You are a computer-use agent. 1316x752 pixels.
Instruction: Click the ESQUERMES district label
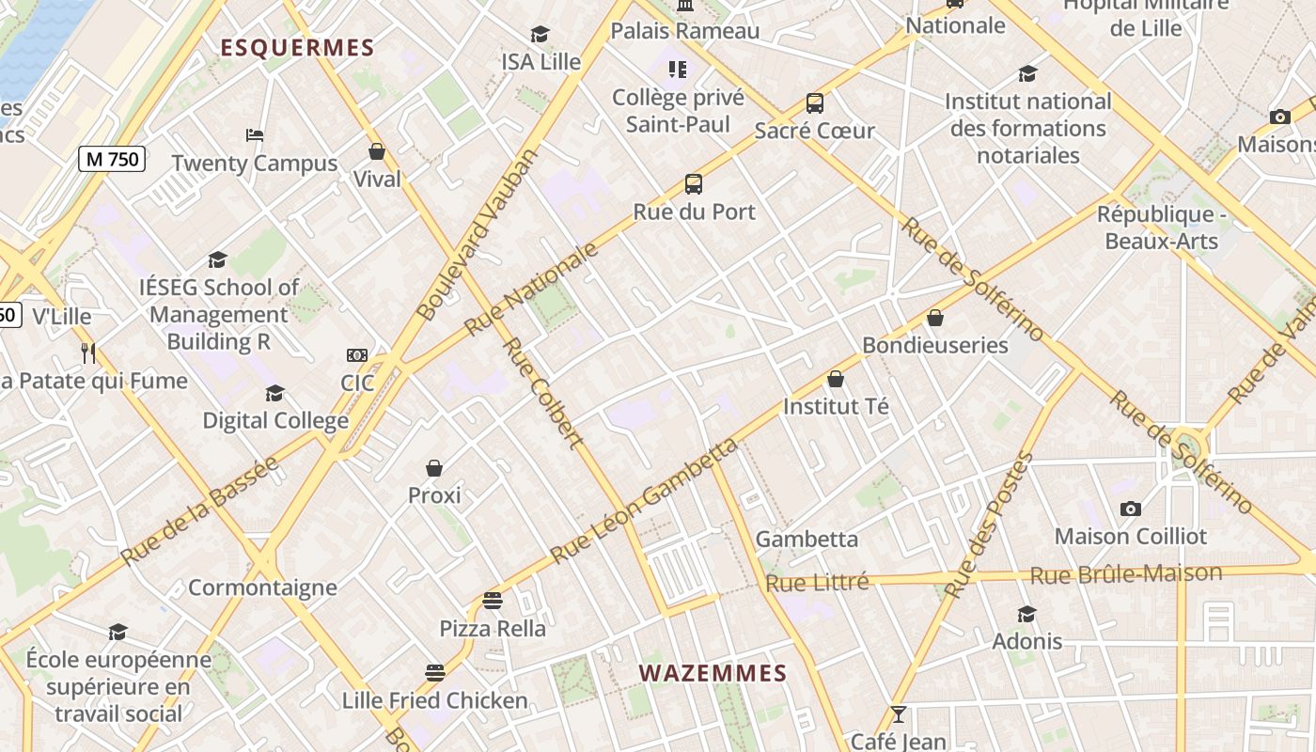[297, 48]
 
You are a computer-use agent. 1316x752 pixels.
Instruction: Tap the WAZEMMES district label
[713, 673]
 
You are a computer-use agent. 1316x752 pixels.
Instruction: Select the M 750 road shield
[113, 159]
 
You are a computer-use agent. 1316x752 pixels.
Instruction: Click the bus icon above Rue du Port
[694, 184]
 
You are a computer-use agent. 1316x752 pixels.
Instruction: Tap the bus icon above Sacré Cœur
[815, 103]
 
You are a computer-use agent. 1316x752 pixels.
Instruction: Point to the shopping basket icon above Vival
[377, 151]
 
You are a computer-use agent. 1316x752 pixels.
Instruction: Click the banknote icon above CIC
[357, 355]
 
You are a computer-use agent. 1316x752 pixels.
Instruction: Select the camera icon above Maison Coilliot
[1131, 509]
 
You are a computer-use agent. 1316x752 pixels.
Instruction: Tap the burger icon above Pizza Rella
[493, 601]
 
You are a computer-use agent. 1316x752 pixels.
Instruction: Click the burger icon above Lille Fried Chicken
[434, 673]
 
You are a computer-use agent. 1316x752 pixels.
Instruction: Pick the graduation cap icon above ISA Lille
[540, 35]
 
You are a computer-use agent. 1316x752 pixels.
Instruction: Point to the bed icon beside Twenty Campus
[255, 135]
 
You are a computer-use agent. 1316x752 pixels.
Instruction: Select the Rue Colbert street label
[543, 393]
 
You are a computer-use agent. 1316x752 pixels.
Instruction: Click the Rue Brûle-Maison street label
[1126, 574]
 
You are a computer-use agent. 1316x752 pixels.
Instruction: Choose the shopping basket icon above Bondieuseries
[935, 318]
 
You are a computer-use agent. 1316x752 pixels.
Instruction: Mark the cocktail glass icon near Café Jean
[898, 715]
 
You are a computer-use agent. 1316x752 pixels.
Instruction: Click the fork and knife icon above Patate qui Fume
[88, 352]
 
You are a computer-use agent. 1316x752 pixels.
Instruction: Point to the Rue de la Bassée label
[200, 511]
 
